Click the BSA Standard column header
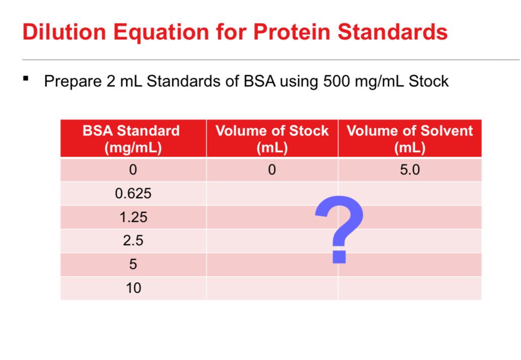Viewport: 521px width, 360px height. [131, 139]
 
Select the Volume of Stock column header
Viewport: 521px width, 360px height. [272, 139]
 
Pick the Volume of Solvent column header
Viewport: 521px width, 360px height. [410, 139]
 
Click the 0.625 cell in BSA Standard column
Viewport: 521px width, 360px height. [133, 194]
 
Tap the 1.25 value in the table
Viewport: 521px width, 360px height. [133, 217]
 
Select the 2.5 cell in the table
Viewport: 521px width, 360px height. [133, 241]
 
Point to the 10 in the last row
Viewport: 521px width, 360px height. [133, 288]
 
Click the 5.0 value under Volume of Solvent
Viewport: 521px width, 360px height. [410, 170]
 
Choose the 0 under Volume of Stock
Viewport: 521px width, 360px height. [272, 170]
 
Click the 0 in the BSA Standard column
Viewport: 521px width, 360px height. [133, 170]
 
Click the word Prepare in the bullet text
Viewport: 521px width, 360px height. [73, 81]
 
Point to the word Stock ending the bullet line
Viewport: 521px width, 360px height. [429, 81]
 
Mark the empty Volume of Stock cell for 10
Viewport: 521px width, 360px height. [272, 288]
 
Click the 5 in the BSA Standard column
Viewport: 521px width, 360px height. [133, 264]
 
